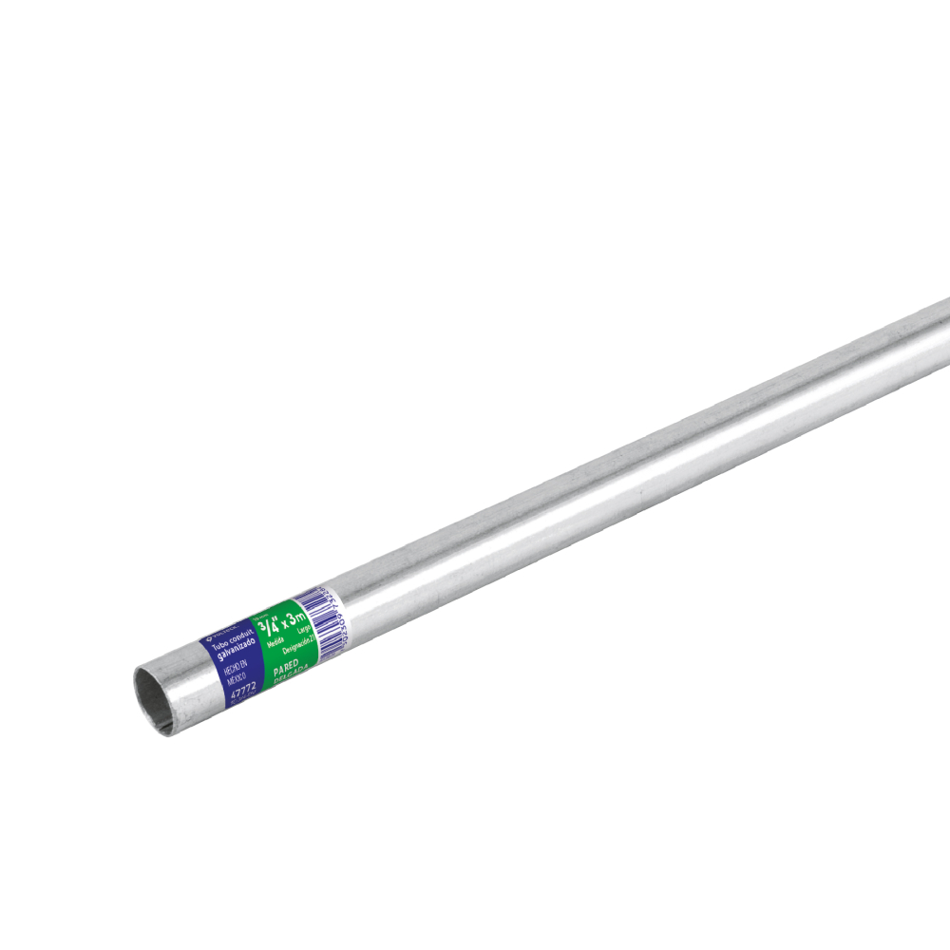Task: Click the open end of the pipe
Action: (x=153, y=699)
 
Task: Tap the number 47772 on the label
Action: (x=243, y=692)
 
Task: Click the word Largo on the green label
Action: (x=303, y=629)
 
